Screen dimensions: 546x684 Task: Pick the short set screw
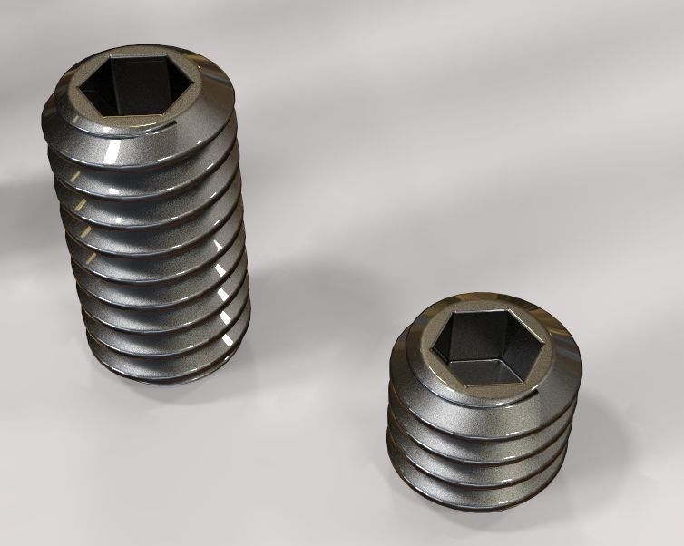click(x=481, y=408)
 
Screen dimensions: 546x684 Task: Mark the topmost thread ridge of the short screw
click(x=481, y=399)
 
